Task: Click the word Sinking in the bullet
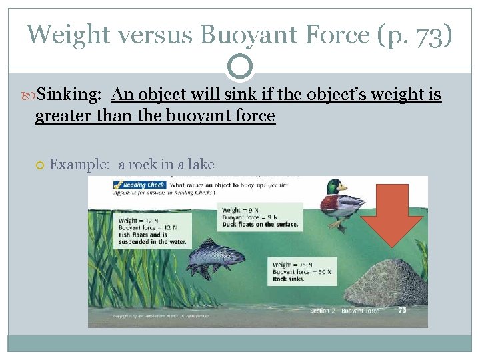click(x=69, y=95)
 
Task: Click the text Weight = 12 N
click(x=139, y=221)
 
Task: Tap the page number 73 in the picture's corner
click(x=402, y=310)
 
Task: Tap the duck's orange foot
click(x=341, y=226)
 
